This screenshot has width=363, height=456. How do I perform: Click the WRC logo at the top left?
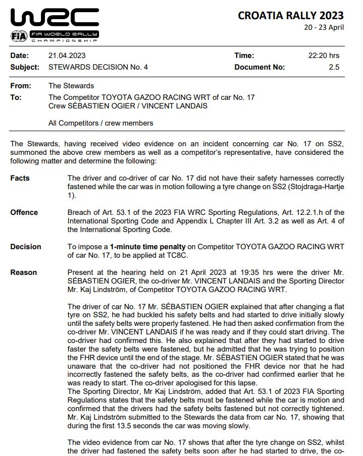(54, 18)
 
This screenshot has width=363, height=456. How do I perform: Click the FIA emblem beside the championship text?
(18, 36)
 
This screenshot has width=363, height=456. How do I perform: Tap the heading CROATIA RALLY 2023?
(291, 16)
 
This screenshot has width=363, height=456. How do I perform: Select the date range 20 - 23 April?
(324, 27)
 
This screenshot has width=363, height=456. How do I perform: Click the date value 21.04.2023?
(66, 55)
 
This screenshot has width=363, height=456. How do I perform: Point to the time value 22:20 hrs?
(324, 55)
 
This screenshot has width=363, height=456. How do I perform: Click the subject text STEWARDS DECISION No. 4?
(98, 67)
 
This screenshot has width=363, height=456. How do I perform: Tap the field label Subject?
(25, 67)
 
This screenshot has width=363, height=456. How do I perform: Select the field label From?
(21, 86)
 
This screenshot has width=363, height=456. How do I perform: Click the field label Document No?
(260, 67)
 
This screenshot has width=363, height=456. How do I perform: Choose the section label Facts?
(20, 178)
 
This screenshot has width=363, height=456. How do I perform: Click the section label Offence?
(24, 212)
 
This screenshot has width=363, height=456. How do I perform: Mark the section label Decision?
(26, 247)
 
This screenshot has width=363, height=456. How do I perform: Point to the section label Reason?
(23, 272)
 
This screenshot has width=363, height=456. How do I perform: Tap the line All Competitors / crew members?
(100, 123)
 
